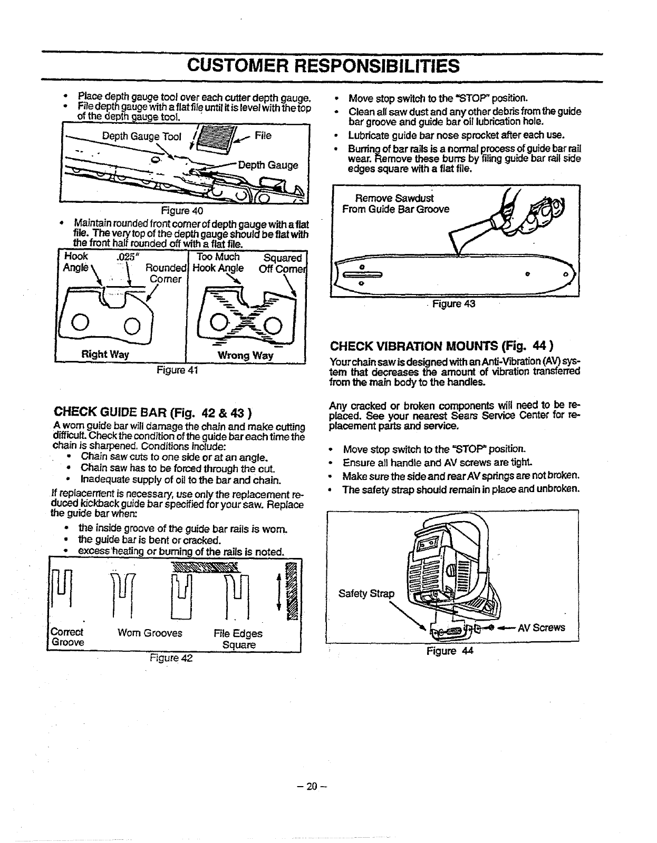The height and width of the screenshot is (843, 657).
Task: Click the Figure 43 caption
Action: point(454,304)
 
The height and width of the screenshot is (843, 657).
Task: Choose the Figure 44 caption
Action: point(450,651)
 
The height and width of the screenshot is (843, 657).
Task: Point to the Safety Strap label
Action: point(366,594)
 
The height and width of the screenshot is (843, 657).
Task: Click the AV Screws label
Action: point(541,628)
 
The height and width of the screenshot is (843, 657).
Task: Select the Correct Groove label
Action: point(67,638)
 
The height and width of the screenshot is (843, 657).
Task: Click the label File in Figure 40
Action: point(263,135)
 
